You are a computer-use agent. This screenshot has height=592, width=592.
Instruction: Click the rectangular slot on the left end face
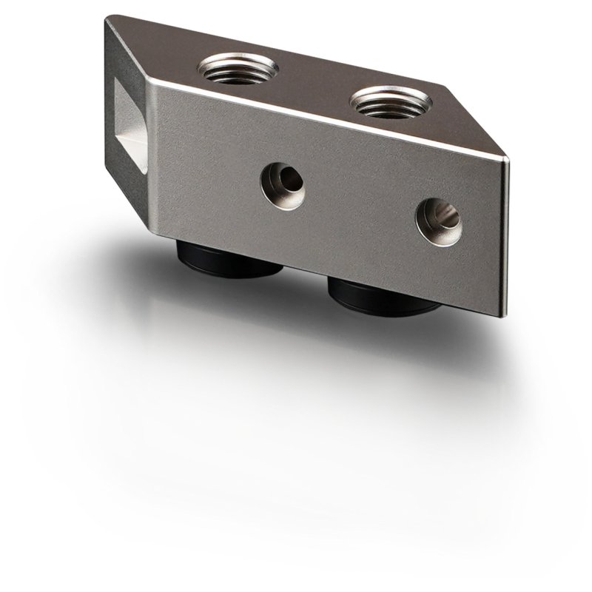[x=130, y=118]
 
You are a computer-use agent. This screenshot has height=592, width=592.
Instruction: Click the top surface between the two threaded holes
[x=311, y=85]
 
